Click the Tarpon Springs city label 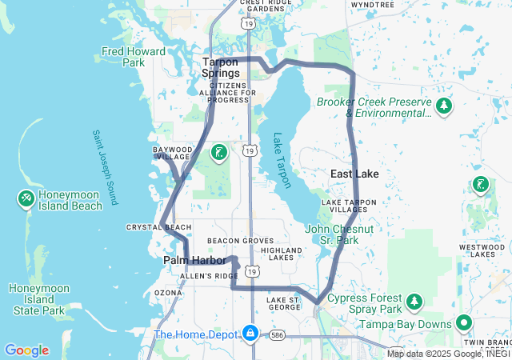pyautogui.click(x=221, y=67)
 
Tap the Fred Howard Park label pyautogui.click(x=134, y=57)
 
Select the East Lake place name pyautogui.click(x=354, y=174)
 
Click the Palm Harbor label pyautogui.click(x=194, y=261)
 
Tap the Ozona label pyautogui.click(x=168, y=293)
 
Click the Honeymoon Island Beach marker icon pyautogui.click(x=26, y=198)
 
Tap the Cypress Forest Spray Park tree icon pyautogui.click(x=414, y=302)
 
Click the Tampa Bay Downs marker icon pyautogui.click(x=464, y=324)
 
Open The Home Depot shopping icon pyautogui.click(x=250, y=331)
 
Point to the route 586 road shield pyautogui.click(x=277, y=334)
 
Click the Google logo pyautogui.click(x=26, y=350)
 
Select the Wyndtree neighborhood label pyautogui.click(x=373, y=4)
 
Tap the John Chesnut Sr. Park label pyautogui.click(x=339, y=234)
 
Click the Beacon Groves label pyautogui.click(x=240, y=240)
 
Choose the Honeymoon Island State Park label pyautogui.click(x=36, y=299)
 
